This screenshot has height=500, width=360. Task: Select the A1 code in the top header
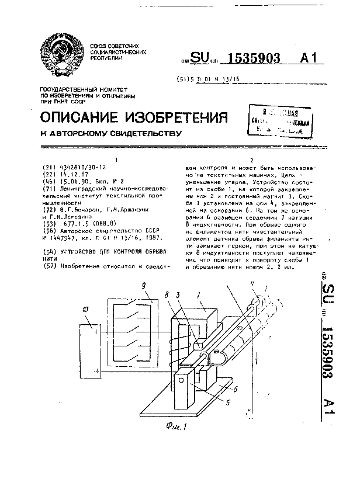(310, 58)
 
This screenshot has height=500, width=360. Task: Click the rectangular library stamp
(279, 121)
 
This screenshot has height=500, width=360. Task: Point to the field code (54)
(50, 251)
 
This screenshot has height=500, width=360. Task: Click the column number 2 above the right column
(252, 159)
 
